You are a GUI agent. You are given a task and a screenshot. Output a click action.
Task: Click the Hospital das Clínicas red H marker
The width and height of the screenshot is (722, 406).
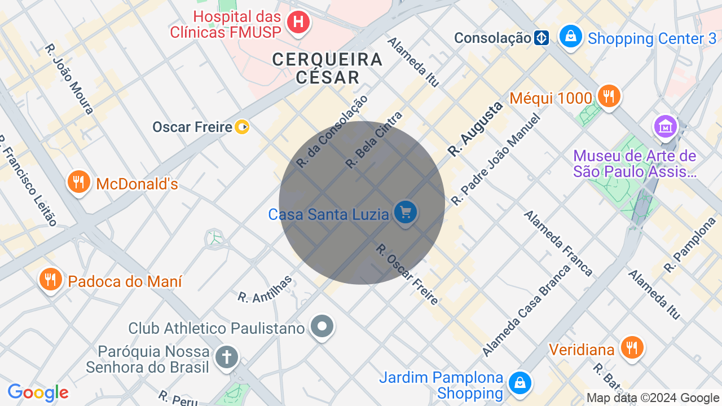pyautogui.click(x=298, y=23)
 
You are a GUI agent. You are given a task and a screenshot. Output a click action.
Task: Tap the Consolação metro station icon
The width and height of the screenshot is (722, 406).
pyautogui.click(x=541, y=38)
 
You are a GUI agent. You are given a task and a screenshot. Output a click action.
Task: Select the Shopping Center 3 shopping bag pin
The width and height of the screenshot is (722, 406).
pyautogui.click(x=570, y=36)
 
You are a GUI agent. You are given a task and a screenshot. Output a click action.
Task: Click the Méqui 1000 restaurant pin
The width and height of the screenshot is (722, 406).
pyautogui.click(x=608, y=96)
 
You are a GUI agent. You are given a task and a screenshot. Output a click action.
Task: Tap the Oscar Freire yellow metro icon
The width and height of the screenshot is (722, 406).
pyautogui.click(x=242, y=127)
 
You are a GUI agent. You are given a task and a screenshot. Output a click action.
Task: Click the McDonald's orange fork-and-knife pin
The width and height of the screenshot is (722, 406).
pyautogui.click(x=78, y=182)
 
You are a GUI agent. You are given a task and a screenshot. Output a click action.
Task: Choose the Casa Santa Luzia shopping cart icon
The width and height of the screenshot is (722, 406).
pyautogui.click(x=405, y=213)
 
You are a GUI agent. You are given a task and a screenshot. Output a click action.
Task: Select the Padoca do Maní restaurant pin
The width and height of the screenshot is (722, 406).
pyautogui.click(x=50, y=279)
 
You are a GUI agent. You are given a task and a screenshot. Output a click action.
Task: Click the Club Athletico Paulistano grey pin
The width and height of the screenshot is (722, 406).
pyautogui.click(x=322, y=326)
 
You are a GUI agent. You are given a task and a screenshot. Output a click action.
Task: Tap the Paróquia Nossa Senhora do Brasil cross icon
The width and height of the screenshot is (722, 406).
pyautogui.click(x=227, y=357)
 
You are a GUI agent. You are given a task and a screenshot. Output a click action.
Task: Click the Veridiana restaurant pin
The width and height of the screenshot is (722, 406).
pyautogui.click(x=631, y=348)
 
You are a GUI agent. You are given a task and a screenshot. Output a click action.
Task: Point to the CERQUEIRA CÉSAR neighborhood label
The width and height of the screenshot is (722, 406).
pyautogui.click(x=327, y=68)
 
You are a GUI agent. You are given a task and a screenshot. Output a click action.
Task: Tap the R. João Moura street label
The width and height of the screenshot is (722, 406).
pyautogui.click(x=69, y=79)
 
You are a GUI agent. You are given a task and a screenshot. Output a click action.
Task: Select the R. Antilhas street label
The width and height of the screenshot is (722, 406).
pyautogui.click(x=265, y=289)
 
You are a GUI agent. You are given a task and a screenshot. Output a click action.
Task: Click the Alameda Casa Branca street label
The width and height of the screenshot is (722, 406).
pyautogui.click(x=526, y=311)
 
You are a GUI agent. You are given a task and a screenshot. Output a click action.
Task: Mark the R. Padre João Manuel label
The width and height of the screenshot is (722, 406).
pyautogui.click(x=496, y=159)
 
